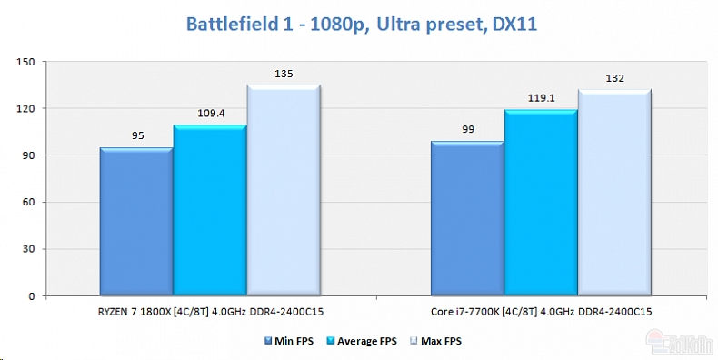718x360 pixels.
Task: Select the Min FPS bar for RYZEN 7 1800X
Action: point(136,222)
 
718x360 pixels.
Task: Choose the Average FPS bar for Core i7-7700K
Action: point(541,203)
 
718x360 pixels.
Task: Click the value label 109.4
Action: point(210,115)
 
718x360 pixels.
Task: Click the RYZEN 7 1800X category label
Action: point(210,312)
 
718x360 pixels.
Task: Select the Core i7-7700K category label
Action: point(541,312)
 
